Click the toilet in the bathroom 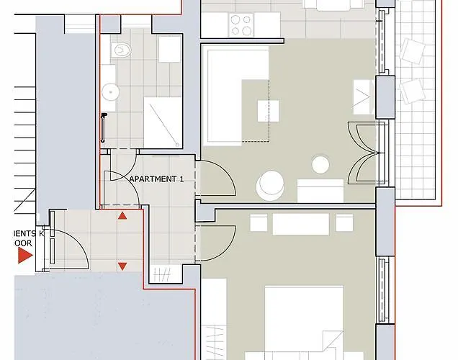point(122,51)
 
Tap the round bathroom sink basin point(110,91)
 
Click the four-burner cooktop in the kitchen point(241,24)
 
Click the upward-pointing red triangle point(122,215)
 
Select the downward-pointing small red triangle point(122,266)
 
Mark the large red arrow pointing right point(25,257)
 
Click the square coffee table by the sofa point(268,110)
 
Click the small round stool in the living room point(320,165)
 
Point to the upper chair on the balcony point(413,51)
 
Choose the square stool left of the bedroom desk point(259,223)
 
